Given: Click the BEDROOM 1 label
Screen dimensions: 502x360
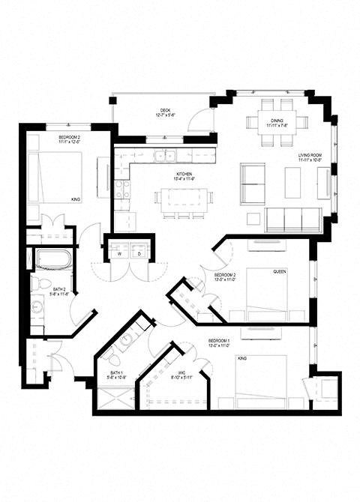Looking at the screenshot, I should pos(223,342).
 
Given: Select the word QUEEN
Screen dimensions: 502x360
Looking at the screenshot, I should pos(280,272).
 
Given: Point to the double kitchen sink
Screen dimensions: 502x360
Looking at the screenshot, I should pos(166,157).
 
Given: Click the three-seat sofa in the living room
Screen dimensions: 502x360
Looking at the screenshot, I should pos(293,220).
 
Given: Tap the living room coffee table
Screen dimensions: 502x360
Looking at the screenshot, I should pos(292,182).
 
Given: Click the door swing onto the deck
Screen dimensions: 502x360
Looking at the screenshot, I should pos(199,118).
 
